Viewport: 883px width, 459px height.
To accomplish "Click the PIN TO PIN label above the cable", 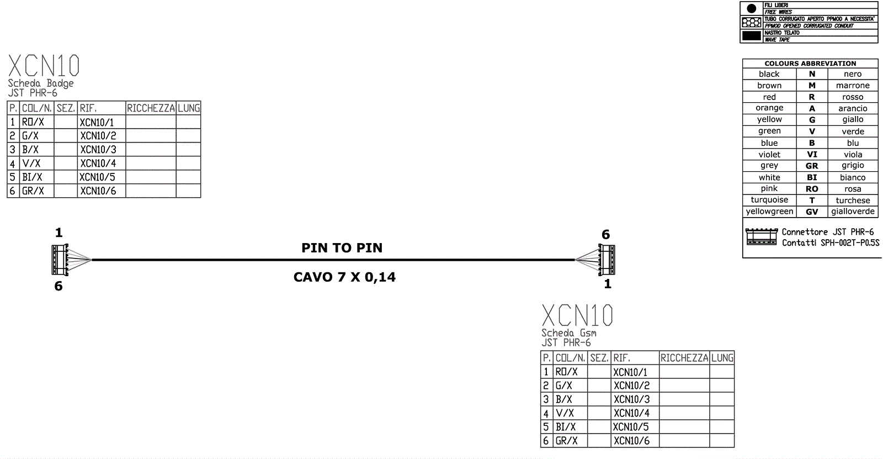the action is pos(342,248).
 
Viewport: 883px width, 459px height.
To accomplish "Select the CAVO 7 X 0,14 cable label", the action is pos(344,277).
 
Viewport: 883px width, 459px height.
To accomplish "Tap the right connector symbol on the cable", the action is pos(607,259).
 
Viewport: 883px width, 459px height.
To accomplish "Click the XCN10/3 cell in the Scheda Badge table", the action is pos(98,150).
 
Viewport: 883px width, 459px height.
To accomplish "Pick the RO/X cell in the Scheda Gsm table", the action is pos(566,372).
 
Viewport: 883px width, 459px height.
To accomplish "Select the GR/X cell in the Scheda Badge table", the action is pos(33,191).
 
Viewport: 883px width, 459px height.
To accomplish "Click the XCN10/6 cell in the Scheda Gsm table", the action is pos(631,441).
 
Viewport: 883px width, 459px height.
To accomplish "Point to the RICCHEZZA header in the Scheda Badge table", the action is pos(151,108).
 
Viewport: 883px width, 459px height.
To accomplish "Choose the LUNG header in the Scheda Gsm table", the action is pos(722,358).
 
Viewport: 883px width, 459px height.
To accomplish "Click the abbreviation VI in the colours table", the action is pos(812,155).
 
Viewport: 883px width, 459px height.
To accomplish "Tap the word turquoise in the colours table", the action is pos(769,200).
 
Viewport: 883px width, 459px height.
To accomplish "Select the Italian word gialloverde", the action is pos(853,212).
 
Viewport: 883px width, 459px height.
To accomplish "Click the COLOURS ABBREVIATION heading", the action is pos(810,64).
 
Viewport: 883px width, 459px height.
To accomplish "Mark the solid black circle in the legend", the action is pos(751,9).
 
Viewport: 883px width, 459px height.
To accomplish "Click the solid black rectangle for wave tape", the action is pos(751,36).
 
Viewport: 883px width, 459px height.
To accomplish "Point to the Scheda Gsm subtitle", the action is pos(568,333).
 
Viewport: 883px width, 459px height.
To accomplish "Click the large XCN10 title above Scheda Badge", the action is pos(44,66).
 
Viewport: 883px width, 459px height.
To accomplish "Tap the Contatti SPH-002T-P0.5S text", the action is pos(831,243).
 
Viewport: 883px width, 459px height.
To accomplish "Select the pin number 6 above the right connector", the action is pos(605,235).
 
